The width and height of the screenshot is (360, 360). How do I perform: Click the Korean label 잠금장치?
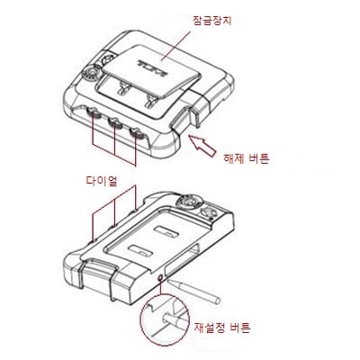coord(212,21)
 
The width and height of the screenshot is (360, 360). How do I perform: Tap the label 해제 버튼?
coord(247,158)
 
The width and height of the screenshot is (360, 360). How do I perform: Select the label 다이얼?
coord(102,181)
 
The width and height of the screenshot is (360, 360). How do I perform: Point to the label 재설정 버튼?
coord(222,328)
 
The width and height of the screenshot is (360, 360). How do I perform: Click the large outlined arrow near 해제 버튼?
coord(202,146)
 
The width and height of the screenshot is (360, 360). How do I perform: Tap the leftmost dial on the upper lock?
coord(93,113)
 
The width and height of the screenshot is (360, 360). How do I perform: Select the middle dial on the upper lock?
coord(114,123)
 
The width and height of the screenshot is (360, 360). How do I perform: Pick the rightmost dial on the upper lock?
coord(137,132)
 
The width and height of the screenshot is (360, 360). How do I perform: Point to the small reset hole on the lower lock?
coord(161,278)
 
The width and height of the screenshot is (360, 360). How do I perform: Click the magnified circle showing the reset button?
coord(165,320)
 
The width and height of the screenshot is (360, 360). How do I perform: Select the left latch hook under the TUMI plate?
coord(123,87)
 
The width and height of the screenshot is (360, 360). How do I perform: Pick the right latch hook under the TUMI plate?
coord(149,101)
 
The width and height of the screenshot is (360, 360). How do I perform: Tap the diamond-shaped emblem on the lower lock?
coord(207,214)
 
